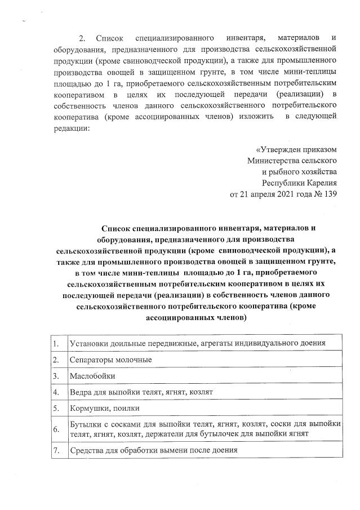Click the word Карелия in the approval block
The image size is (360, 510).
321,183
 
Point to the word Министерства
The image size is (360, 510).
273,161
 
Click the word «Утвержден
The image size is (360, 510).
278,149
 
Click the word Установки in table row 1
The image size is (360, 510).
88,343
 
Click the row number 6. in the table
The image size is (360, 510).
56,429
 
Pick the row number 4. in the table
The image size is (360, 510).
56,392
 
